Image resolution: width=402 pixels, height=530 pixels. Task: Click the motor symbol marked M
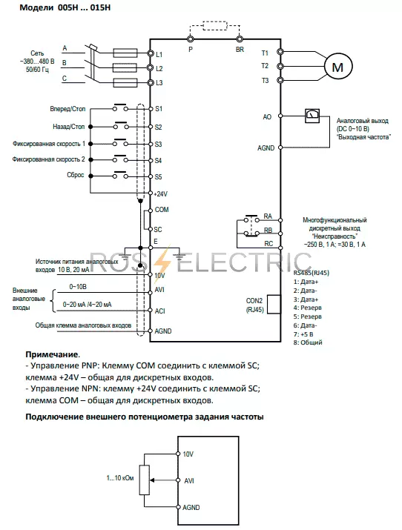337,67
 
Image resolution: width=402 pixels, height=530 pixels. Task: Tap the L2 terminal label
159,69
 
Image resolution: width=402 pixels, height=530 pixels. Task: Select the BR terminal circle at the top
240,39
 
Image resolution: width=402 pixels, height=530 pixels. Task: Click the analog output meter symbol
312,116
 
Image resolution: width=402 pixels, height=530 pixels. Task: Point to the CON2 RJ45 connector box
274,304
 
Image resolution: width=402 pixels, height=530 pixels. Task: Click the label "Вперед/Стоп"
67,109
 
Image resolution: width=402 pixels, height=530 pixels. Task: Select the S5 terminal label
158,176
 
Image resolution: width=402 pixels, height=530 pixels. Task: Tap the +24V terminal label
161,194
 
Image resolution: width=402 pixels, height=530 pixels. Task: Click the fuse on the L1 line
125,53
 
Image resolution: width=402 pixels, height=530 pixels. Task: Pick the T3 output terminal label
265,81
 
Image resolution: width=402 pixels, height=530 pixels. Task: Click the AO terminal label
267,116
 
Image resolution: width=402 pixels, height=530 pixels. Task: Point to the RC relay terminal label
268,244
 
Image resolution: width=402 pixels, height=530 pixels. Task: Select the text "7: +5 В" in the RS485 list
303,334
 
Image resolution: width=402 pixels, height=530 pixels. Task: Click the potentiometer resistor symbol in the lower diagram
145,480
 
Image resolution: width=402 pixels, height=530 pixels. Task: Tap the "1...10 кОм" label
120,478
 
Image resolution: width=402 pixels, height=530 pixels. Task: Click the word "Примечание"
52,354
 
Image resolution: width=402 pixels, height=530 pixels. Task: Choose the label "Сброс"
76,175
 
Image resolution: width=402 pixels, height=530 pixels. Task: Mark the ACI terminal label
160,311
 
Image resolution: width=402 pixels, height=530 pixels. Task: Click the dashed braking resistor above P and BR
214,26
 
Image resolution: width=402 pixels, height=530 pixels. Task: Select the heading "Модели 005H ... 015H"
65,7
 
